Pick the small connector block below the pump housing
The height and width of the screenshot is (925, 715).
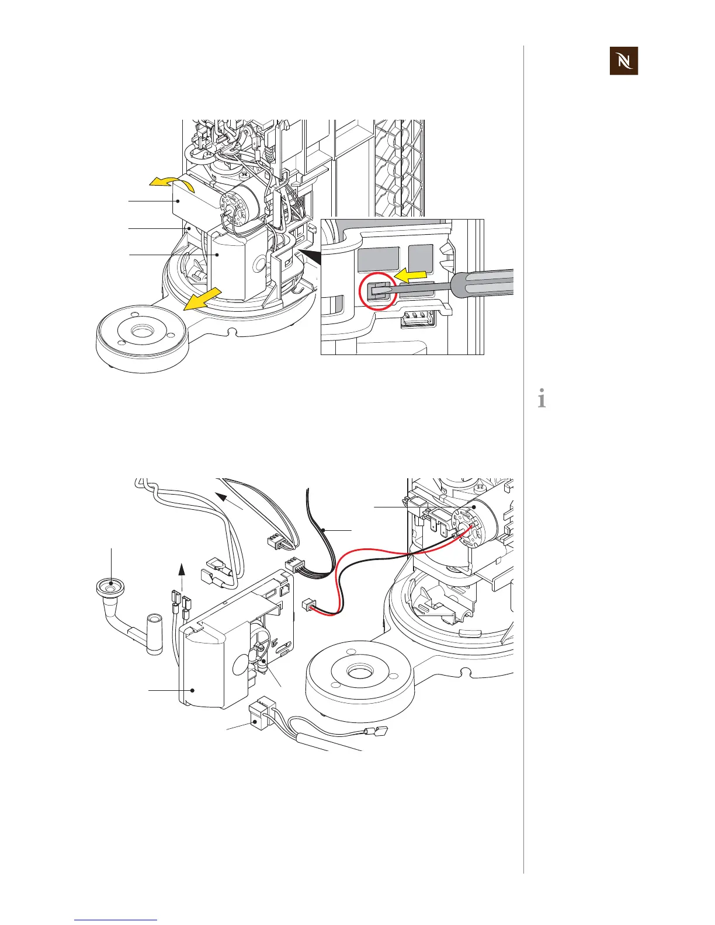[257, 716]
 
